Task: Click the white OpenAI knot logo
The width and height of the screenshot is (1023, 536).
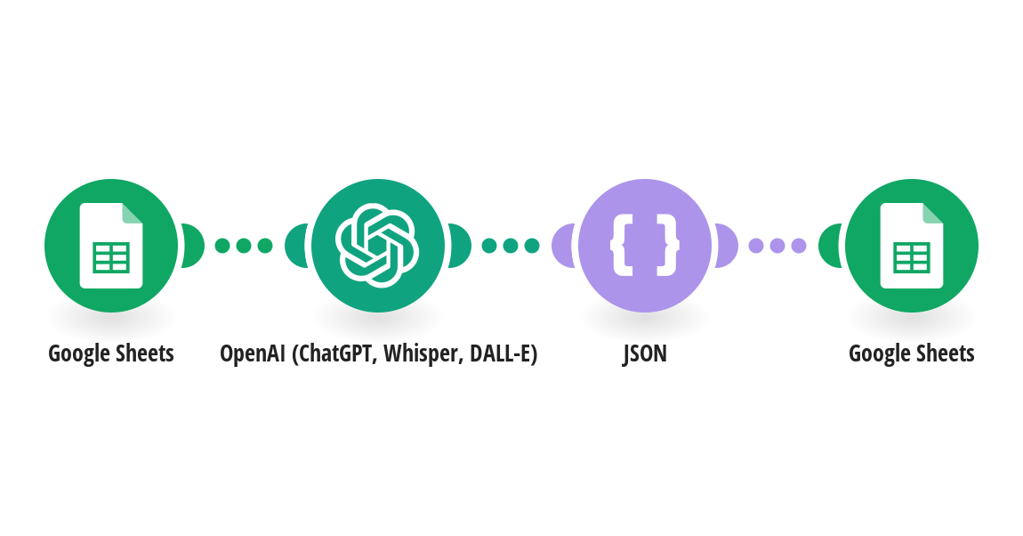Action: [377, 246]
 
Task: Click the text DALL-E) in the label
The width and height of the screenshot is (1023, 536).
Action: [503, 353]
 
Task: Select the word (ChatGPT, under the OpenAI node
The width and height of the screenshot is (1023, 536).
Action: [334, 354]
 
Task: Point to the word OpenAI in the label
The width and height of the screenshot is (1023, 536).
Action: [253, 354]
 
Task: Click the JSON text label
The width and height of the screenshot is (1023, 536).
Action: [645, 353]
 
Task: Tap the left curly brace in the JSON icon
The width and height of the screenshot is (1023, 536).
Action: [622, 246]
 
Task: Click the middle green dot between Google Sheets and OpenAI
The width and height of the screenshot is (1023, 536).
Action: [244, 246]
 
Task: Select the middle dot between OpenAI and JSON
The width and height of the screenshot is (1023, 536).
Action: [511, 246]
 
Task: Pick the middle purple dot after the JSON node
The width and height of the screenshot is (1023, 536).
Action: [777, 246]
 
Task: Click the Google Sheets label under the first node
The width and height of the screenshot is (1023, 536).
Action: [111, 353]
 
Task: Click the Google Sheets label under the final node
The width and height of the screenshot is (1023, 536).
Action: [912, 353]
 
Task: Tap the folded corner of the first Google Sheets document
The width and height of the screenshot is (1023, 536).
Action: [133, 213]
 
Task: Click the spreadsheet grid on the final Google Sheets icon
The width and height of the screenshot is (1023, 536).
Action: [912, 258]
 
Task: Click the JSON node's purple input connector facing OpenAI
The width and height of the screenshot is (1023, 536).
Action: [562, 246]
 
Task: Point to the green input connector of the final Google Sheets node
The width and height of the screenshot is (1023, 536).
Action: [829, 246]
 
